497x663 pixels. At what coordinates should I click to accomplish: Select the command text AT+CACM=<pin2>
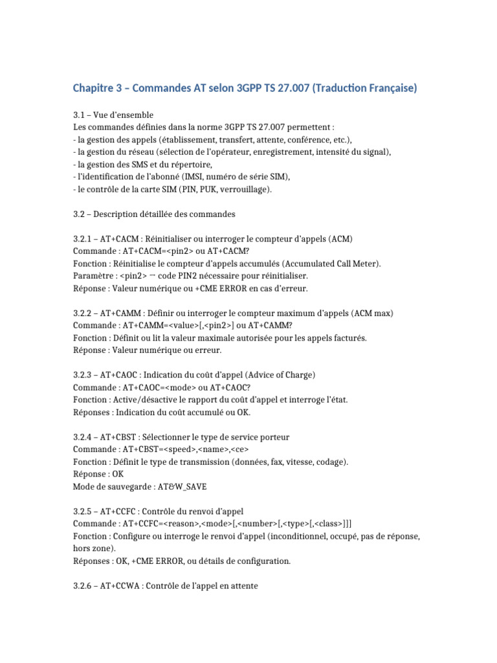point(151,251)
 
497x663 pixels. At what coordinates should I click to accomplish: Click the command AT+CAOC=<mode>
point(152,387)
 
